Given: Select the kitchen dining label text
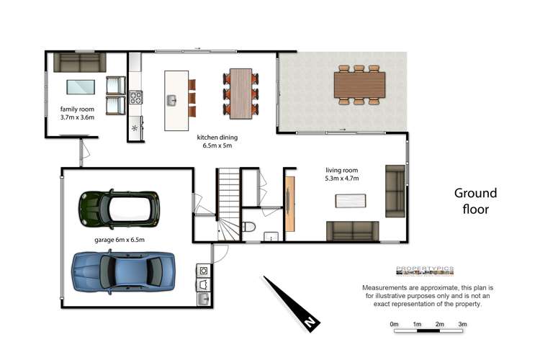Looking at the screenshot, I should (x=217, y=141).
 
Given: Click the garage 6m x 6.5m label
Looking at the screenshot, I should (x=120, y=240).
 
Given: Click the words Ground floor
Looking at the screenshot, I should (x=475, y=201).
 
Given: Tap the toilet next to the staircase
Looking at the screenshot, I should (x=249, y=228).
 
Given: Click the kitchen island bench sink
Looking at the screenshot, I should (x=172, y=100).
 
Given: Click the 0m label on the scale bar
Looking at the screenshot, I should (x=394, y=325).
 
